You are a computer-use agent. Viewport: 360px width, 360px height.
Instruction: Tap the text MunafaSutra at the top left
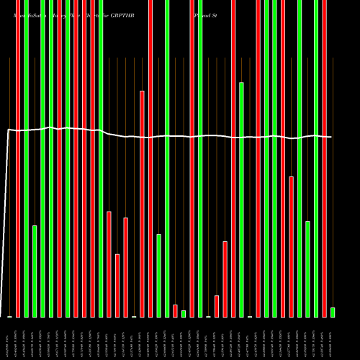(29, 14)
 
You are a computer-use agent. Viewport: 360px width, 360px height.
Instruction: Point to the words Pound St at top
(206, 14)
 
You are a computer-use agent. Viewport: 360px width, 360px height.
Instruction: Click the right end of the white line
(331, 137)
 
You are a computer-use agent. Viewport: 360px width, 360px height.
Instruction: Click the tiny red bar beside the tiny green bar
(175, 310)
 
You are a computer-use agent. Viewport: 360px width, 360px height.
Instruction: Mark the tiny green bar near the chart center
(184, 313)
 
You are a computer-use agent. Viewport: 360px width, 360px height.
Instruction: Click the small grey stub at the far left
(9, 317)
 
